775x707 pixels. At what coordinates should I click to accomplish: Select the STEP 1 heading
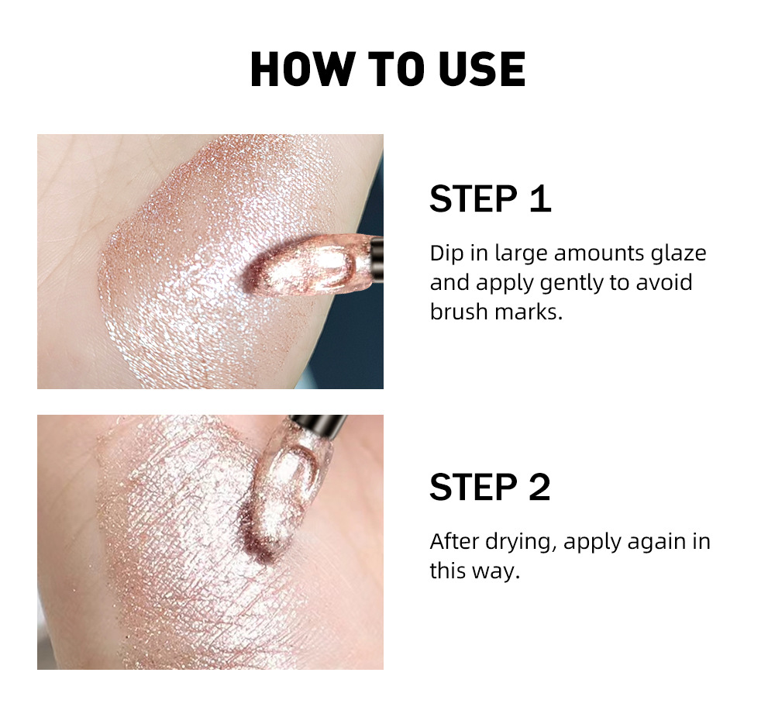pos(490,198)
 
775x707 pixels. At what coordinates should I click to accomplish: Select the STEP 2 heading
pos(490,487)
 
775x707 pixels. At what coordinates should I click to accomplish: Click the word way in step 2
pos(493,571)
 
